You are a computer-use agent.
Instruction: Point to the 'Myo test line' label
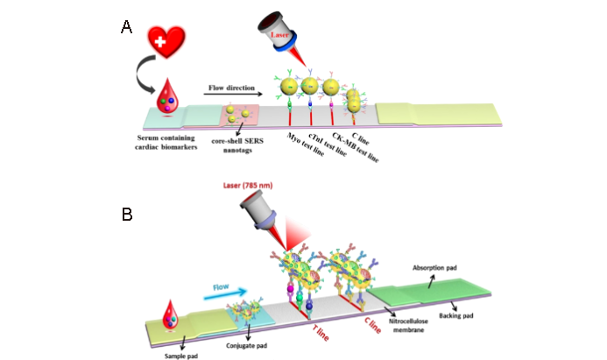(300, 140)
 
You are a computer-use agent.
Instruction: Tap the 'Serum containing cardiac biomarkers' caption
(166, 142)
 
